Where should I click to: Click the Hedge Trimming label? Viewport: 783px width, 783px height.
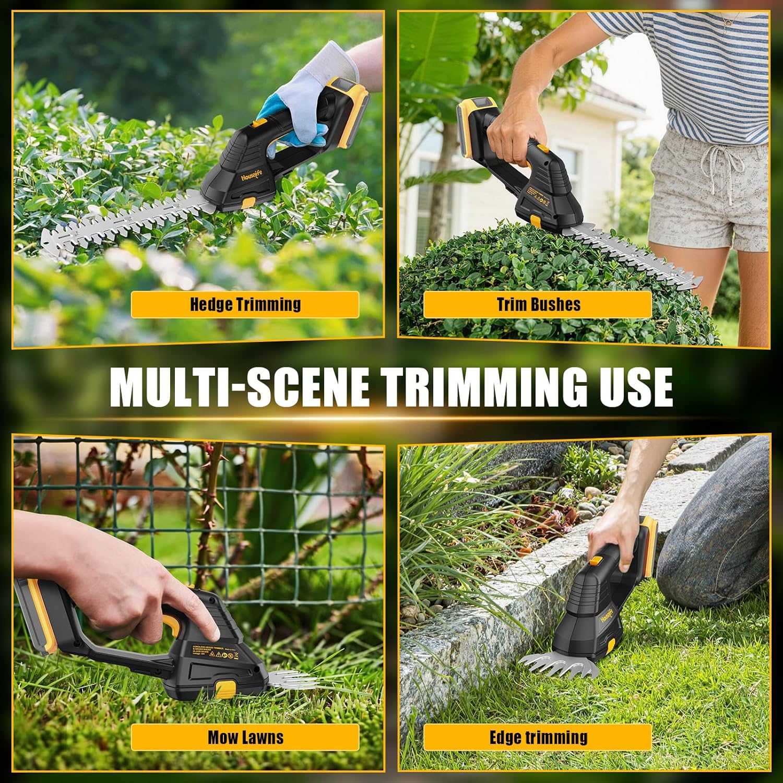pos(245,304)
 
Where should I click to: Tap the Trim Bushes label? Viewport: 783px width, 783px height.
pos(538,304)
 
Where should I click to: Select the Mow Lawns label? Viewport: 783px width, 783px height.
pos(245,737)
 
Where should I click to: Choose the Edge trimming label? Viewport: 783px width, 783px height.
pos(538,737)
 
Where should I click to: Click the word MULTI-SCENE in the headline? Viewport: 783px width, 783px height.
pos(240,387)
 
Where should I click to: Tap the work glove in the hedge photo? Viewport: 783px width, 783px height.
pos(308,94)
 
